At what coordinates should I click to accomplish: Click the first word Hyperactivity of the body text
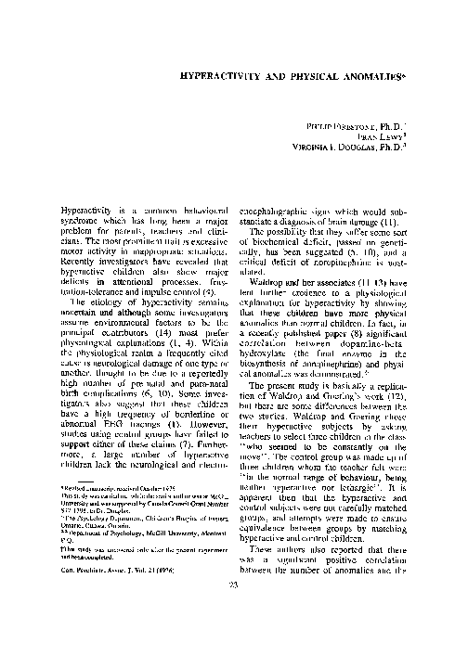[x=89, y=211]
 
